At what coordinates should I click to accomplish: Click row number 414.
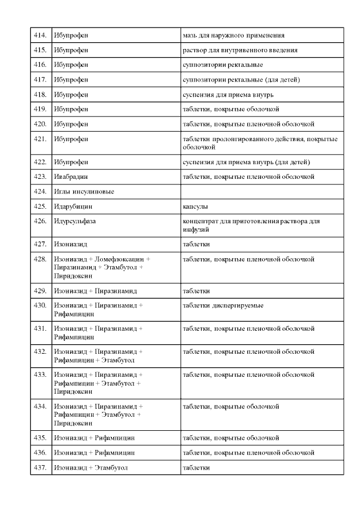40,35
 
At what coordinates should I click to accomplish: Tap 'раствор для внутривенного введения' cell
240,50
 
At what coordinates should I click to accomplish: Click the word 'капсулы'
195,206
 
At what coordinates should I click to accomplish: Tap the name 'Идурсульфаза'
75,221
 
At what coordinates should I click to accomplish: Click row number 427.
40,244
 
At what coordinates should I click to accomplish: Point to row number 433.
40,374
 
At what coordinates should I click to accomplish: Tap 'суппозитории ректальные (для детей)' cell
241,79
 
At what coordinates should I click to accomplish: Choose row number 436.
40,452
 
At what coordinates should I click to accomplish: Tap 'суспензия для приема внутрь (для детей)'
246,162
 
